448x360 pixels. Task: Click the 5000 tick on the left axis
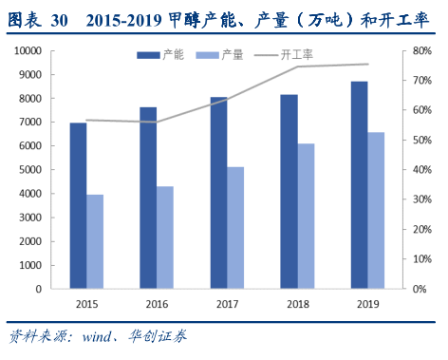[x=28, y=169]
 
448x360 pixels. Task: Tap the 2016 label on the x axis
[x=157, y=303]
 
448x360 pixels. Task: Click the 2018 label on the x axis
[x=297, y=303]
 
